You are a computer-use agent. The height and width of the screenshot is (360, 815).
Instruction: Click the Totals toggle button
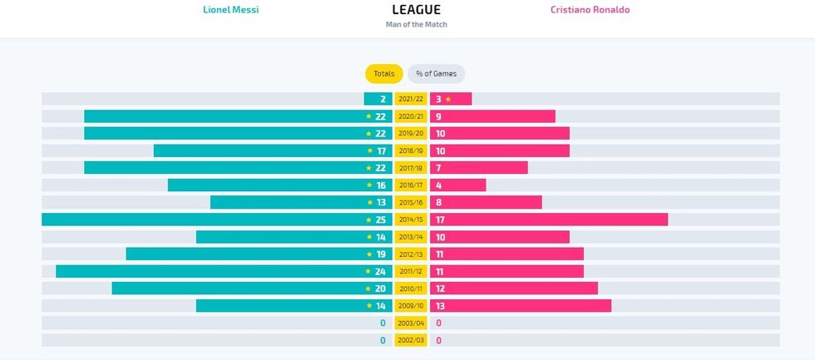coord(383,74)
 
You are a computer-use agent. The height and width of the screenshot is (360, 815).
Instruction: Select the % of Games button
coord(437,74)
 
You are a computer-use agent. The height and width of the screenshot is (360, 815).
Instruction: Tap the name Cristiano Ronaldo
coord(590,10)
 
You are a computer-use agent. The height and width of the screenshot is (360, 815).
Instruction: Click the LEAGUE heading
coord(416,10)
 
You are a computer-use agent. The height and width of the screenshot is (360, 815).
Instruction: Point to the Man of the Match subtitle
coord(416,25)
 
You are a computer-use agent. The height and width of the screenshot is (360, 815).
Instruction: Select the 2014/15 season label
coord(411,219)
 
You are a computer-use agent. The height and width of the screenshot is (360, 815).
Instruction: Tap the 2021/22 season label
coord(411,99)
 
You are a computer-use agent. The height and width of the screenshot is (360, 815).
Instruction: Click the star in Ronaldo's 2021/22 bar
coord(448,99)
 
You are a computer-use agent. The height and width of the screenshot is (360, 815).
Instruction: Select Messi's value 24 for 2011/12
coord(380,271)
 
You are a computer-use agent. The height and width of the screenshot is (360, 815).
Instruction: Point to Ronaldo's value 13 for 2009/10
coord(440,306)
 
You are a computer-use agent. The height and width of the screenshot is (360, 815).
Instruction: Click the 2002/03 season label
coord(411,340)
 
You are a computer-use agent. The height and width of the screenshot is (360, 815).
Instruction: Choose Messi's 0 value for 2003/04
coord(383,323)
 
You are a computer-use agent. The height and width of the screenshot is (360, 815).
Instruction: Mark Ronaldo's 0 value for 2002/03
coord(438,340)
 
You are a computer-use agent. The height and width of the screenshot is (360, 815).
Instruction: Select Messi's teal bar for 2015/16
coord(287,202)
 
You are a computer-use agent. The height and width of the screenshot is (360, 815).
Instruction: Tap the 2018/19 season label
coord(411,150)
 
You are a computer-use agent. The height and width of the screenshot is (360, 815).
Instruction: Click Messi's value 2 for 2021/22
coord(383,99)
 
